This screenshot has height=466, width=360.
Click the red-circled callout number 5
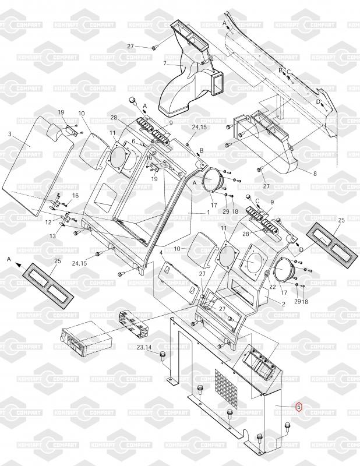click(299, 407)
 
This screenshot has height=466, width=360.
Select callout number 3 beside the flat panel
click(10, 135)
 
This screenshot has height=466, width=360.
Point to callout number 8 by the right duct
click(315, 174)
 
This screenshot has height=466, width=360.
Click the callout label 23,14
click(144, 347)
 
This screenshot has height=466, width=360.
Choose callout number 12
click(48, 223)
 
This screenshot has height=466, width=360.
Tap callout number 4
click(161, 252)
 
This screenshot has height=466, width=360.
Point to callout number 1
click(207, 213)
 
